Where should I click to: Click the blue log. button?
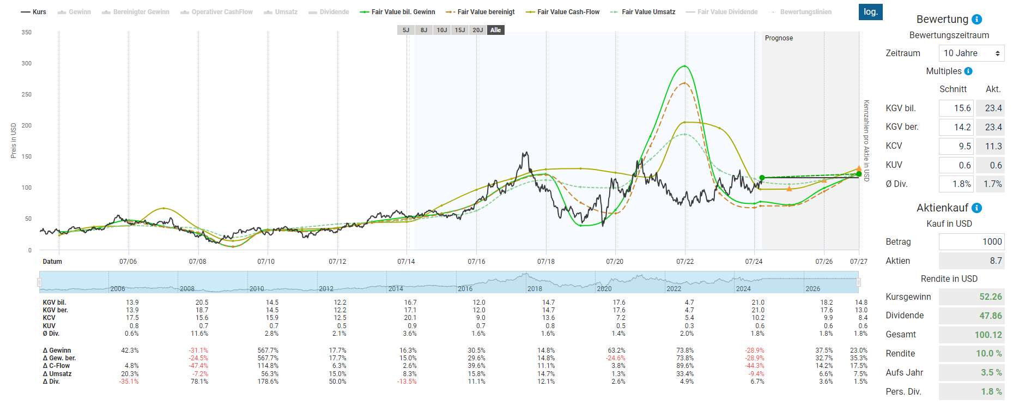click(870, 12)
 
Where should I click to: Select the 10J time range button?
click(441, 30)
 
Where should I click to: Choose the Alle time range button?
click(495, 30)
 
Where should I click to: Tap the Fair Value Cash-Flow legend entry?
click(562, 12)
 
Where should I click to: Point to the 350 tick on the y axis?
click(27, 32)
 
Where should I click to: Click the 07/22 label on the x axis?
click(685, 262)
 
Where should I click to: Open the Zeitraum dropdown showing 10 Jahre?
click(972, 53)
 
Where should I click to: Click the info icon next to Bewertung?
click(977, 20)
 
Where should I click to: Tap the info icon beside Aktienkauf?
click(977, 208)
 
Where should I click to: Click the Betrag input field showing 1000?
click(972, 241)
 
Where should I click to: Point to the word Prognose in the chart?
click(779, 38)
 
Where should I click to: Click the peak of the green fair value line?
click(684, 66)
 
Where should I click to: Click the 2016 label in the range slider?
click(465, 289)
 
